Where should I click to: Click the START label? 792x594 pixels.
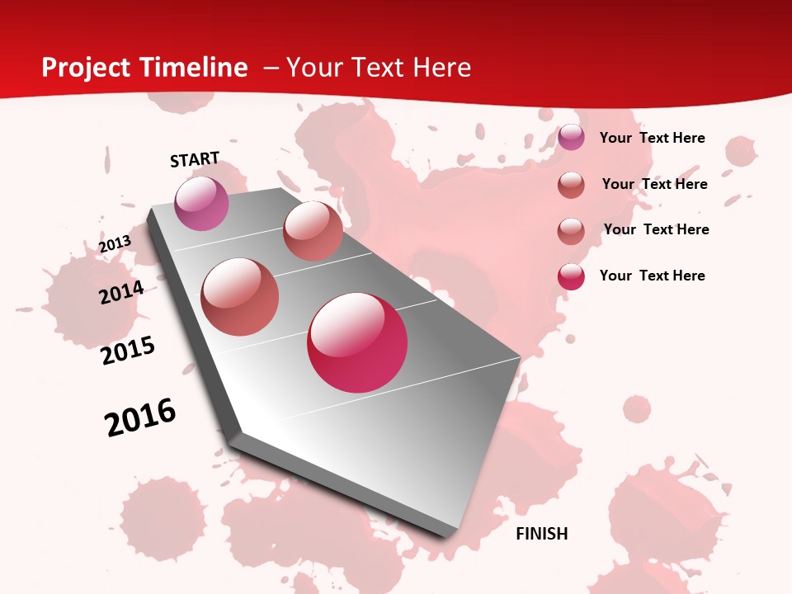pos(195,159)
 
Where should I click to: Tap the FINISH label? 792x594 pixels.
pos(542,534)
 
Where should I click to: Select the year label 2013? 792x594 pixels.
pos(115,244)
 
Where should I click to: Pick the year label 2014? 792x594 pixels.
pos(121,292)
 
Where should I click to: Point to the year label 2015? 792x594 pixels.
pos(128,351)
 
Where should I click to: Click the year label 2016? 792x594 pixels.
pos(140,417)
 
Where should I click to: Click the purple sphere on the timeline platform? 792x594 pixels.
pos(201,203)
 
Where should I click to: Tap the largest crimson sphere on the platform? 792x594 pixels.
pos(357,342)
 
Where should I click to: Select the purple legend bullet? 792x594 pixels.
pos(571,138)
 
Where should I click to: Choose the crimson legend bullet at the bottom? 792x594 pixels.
pos(571,276)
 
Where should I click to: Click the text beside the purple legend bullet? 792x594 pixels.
pos(652,138)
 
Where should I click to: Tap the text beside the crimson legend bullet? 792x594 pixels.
pos(652,276)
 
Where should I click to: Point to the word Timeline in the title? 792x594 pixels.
pos(196,68)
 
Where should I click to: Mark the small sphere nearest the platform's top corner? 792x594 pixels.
pos(313,231)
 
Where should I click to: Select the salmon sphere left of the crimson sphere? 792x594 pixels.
pos(239,297)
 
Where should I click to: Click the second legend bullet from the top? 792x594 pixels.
pos(571,185)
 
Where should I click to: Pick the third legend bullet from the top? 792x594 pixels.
pos(571,231)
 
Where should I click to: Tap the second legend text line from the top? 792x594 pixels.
pos(654,184)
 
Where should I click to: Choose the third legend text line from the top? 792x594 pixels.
pos(656,229)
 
